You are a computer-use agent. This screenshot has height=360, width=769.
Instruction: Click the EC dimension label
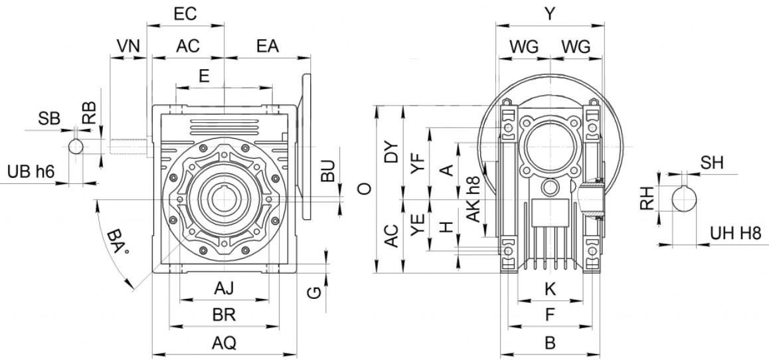[185, 13]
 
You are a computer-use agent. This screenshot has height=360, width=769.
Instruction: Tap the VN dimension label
[128, 46]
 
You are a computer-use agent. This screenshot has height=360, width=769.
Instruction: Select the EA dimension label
[268, 46]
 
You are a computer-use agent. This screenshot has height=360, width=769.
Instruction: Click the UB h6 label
[31, 172]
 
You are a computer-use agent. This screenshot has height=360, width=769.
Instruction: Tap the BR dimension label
[224, 314]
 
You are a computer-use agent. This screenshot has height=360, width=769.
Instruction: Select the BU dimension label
[329, 171]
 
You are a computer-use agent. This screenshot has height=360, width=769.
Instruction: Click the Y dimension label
[549, 13]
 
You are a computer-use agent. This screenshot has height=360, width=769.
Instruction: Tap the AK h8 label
[473, 199]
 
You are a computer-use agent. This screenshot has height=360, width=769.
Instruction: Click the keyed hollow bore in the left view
[224, 199]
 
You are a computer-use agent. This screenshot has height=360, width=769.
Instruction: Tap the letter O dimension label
[363, 189]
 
